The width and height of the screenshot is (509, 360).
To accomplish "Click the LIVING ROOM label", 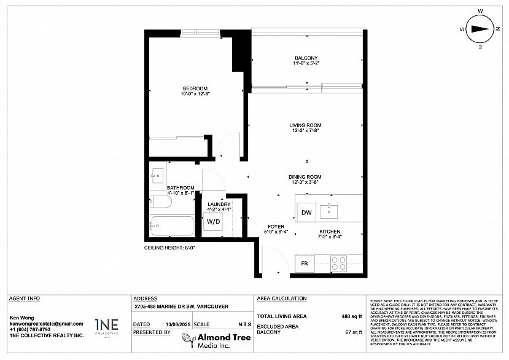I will click(x=305, y=125).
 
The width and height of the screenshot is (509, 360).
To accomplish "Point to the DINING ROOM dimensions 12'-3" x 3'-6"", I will click(x=305, y=182).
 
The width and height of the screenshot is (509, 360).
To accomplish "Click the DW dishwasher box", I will click(x=306, y=212).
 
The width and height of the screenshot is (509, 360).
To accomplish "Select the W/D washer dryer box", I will click(x=214, y=221).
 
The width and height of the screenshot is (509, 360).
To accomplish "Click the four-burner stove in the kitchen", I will click(x=338, y=264).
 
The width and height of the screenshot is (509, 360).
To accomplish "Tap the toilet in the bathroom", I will click(x=159, y=202).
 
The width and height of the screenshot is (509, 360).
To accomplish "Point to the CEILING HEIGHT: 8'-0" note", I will click(x=166, y=248).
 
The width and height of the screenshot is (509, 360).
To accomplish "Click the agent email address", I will click(x=46, y=324).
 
